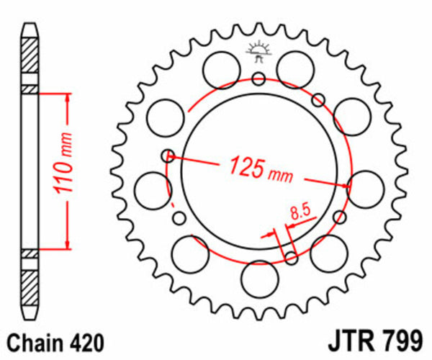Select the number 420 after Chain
(86, 341)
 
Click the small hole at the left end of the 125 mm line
(168, 154)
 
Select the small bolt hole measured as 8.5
(292, 257)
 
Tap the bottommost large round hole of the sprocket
(258, 276)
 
